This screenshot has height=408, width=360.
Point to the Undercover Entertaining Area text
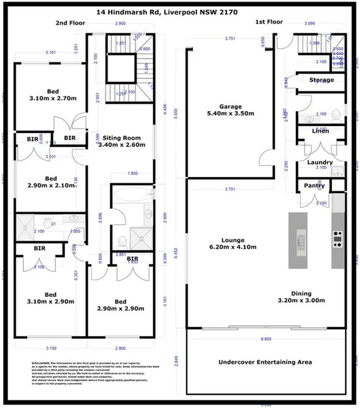(265, 362)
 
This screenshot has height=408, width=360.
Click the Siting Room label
(121, 141)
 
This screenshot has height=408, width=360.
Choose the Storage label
(321, 80)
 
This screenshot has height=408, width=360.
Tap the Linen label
(320, 131)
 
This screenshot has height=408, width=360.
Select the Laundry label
(320, 162)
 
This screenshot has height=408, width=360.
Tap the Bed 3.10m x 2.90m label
(51, 298)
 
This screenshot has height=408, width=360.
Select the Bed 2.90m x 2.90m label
(121, 304)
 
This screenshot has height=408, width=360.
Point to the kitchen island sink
(302, 242)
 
